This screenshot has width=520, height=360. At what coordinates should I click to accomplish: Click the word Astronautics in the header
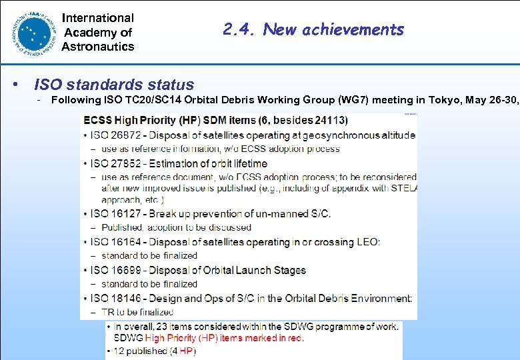click(97, 47)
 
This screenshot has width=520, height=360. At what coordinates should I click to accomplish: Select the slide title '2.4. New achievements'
click(313, 29)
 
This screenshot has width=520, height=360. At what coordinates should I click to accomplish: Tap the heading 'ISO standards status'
click(114, 85)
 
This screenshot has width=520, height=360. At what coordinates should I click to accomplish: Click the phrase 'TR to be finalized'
click(137, 311)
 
